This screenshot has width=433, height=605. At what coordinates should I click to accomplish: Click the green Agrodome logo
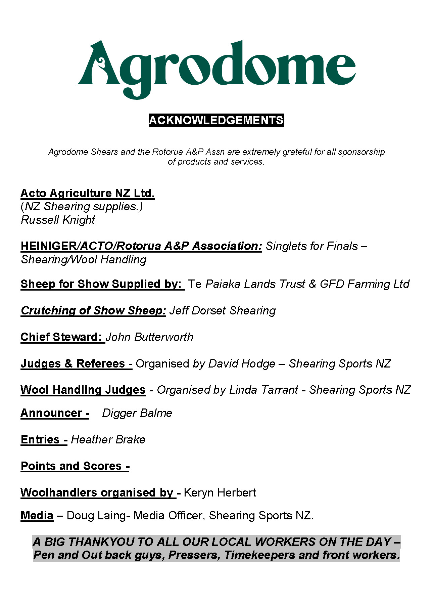(216, 69)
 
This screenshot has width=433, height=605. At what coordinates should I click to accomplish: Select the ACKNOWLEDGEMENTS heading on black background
(216, 120)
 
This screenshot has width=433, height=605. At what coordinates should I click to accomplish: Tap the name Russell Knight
(58, 220)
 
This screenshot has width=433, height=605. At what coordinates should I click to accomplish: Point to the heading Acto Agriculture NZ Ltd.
(88, 193)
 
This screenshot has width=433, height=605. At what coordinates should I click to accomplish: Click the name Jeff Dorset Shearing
(222, 311)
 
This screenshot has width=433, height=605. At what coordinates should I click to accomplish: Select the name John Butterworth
(150, 337)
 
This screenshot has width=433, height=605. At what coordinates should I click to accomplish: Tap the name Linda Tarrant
(263, 390)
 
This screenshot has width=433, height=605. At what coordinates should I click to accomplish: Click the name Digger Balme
(137, 413)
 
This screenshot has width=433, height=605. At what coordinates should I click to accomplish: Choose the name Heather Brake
(108, 440)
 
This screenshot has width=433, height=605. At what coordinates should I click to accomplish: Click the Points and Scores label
(75, 466)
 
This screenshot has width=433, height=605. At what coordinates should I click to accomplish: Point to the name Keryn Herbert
(220, 493)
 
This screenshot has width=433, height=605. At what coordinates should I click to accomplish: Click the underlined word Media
(37, 516)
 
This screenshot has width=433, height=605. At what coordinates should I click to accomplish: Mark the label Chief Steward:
(62, 337)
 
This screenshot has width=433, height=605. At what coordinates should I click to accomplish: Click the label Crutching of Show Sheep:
(93, 311)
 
